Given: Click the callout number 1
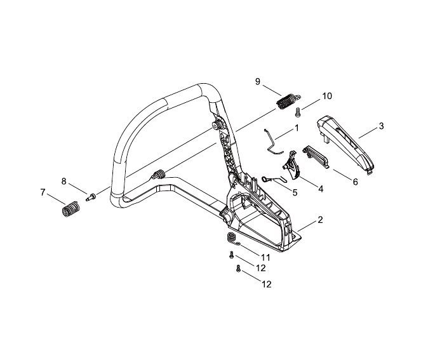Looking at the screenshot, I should coord(296,128).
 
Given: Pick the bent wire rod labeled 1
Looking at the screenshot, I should coord(272,140).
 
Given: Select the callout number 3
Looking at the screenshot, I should coord(380,126).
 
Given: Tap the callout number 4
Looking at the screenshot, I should coord(320,189).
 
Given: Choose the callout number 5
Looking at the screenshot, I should coord(295,192).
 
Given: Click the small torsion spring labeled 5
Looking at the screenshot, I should coord(272,180).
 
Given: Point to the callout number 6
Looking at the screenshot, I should coord(355,182).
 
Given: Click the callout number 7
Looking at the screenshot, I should coord(43,192).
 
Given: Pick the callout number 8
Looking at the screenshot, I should coord(64,181).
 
